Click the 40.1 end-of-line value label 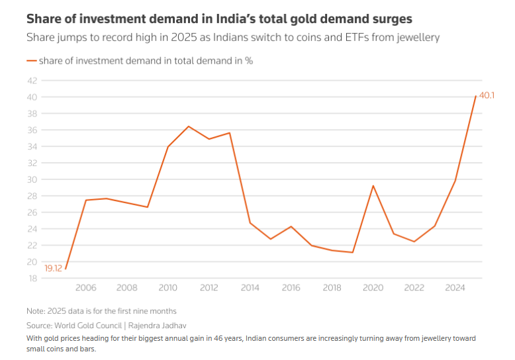(x=487, y=96)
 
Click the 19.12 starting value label (x=54, y=268)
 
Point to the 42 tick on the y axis (x=32, y=81)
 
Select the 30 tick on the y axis (x=32, y=179)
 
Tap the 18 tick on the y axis (x=32, y=278)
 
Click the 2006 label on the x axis (x=86, y=288)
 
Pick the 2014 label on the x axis (x=250, y=288)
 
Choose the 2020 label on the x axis (x=373, y=288)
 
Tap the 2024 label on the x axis (x=455, y=288)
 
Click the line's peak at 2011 (x=189, y=126)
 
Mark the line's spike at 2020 (x=373, y=186)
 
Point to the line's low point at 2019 (x=353, y=252)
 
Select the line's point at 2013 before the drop (x=230, y=133)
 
